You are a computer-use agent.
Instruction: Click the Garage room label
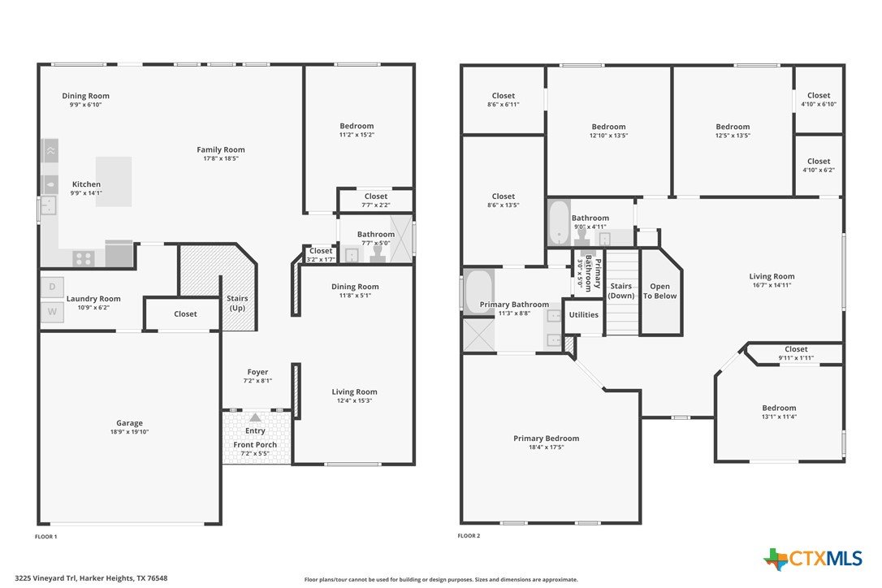(129, 423)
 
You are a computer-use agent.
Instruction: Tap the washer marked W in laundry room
(52, 312)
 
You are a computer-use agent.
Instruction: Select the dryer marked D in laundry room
(52, 287)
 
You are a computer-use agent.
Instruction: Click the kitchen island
(114, 181)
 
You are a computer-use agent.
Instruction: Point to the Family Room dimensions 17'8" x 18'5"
(221, 158)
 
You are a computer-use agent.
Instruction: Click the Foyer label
(257, 372)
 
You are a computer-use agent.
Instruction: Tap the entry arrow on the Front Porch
(255, 417)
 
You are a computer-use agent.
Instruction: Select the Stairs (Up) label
(237, 303)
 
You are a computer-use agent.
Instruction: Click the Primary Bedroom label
(547, 439)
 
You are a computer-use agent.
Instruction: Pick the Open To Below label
(659, 291)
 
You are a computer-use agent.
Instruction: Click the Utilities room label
(584, 314)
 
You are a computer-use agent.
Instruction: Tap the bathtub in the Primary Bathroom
(478, 292)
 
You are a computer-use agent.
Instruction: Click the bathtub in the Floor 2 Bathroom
(559, 223)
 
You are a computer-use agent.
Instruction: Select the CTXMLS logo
(813, 559)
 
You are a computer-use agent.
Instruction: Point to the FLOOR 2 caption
(469, 536)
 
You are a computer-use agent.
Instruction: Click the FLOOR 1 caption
(46, 537)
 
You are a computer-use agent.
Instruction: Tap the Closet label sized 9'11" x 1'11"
(796, 349)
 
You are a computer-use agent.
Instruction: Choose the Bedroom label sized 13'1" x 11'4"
(779, 408)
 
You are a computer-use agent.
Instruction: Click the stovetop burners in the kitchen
(84, 259)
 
